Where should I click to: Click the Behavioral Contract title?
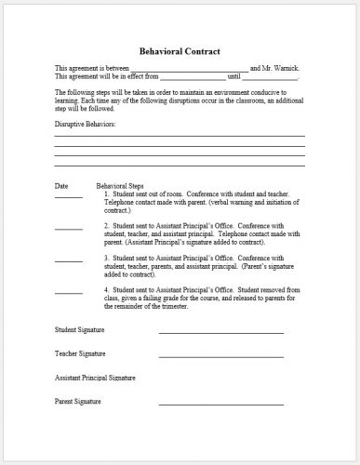click(x=180, y=52)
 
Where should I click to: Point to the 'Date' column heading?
click(x=61, y=187)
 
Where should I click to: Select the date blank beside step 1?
click(x=68, y=197)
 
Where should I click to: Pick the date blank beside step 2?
click(x=68, y=228)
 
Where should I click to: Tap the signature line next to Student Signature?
click(x=220, y=333)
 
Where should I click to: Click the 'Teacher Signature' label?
click(x=79, y=354)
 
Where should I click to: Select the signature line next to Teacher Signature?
click(x=220, y=357)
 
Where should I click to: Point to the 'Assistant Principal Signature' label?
click(x=95, y=379)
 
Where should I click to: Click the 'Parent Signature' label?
click(x=77, y=402)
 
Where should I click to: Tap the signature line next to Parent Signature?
click(x=220, y=405)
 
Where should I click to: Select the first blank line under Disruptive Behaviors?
click(x=179, y=136)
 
